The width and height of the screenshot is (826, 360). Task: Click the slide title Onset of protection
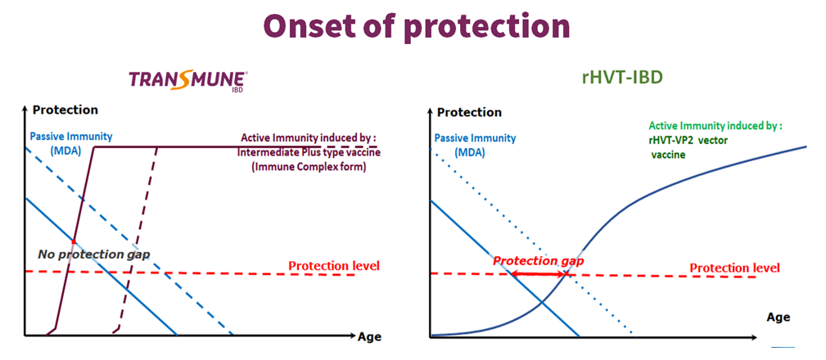pos(416,26)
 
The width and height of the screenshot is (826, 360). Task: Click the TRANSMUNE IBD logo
pos(188,81)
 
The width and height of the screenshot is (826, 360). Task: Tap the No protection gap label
pos(94,254)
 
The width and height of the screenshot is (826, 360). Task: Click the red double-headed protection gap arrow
pos(539,274)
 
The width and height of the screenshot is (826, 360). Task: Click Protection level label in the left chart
pos(333,265)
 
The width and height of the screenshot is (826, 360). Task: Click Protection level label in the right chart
pos(735,268)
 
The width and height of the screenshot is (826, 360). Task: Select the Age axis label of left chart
pos(369,336)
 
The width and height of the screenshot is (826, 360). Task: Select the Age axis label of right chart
pos(778,317)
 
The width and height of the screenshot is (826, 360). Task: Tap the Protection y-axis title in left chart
pos(65,110)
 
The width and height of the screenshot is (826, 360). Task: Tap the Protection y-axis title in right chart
pos(469,112)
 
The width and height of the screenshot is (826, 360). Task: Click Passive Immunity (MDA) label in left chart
pos(70,142)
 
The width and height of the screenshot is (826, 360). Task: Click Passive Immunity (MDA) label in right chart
pos(475,146)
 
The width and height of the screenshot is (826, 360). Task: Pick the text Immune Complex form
pos(309,167)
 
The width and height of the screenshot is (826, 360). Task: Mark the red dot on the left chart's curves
pos(74,241)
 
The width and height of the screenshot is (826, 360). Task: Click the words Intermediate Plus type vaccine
pos(309,153)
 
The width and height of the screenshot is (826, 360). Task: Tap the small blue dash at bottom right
pos(783,347)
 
